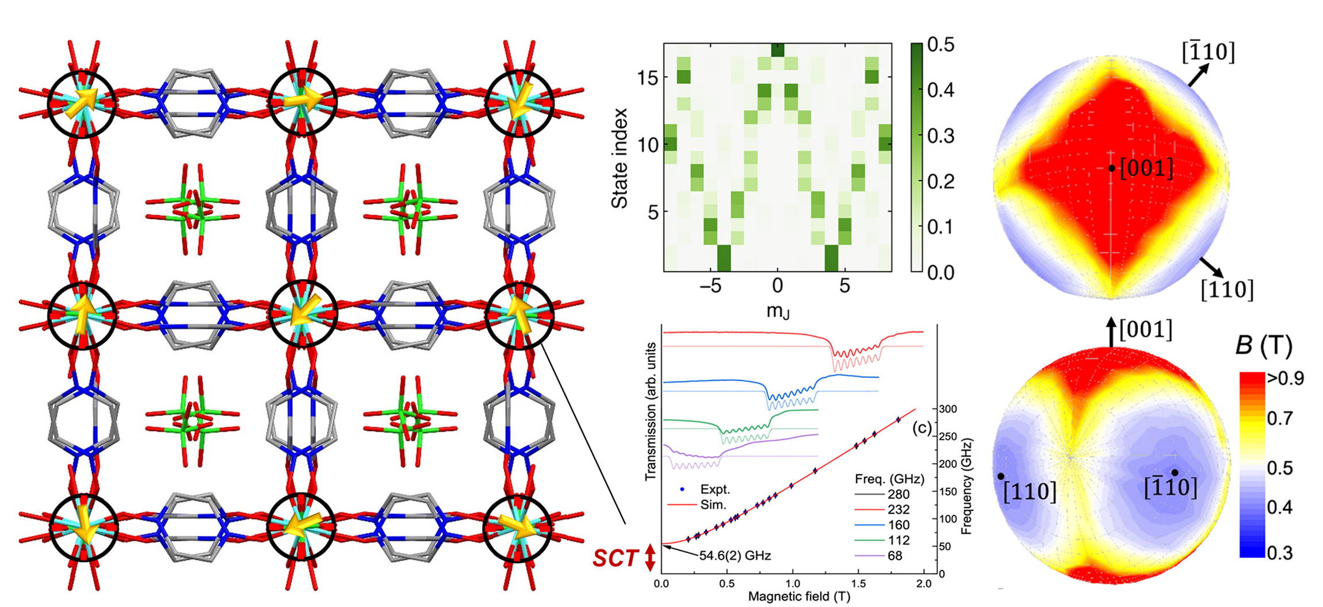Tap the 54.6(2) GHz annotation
735,556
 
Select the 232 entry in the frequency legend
898,509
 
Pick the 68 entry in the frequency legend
895,556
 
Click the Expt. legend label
715,490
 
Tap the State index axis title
620,158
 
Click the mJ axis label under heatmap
778,311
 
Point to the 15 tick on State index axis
648,78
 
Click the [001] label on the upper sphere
1146,169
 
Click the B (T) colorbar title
1264,346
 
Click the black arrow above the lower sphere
1111,333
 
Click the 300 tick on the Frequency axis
948,409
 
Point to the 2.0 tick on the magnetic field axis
924,583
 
